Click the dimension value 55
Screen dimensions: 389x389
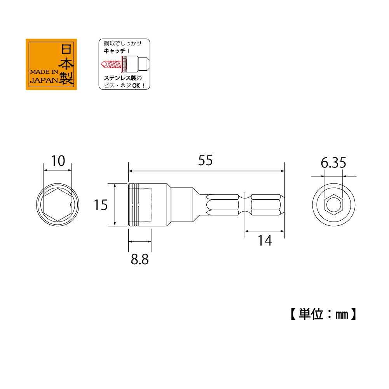(206, 160)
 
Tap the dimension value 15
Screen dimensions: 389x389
(101, 205)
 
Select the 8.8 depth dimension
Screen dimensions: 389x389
(140, 260)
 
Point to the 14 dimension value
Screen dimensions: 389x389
(265, 241)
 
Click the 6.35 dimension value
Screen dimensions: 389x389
(333, 163)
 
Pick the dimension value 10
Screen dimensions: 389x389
(58, 161)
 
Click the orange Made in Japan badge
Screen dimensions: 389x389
(51, 64)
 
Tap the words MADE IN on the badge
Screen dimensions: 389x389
(44, 72)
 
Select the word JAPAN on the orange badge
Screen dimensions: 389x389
(44, 80)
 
